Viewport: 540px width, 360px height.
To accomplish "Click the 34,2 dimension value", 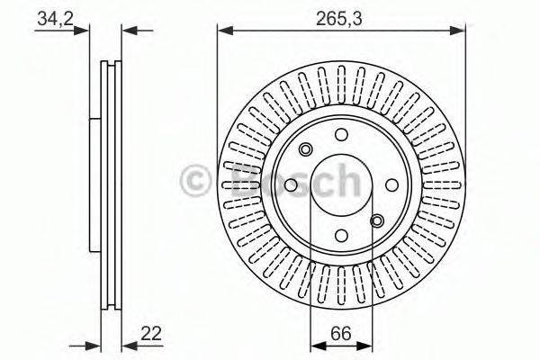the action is (55, 19).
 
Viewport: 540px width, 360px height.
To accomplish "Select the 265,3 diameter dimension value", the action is (339, 19).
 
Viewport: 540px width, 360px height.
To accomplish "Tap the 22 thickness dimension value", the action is (151, 333).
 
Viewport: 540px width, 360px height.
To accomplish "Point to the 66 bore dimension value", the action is (341, 333).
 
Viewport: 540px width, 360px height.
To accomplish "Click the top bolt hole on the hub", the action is (341, 135).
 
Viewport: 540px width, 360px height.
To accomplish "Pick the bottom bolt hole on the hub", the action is (341, 236).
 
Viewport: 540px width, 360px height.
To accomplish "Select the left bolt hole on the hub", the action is (291, 185).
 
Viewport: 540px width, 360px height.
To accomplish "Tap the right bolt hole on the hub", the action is (391, 185).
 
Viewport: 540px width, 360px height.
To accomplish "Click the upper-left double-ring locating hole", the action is (305, 150).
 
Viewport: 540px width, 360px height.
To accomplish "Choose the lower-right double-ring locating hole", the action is (377, 220).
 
